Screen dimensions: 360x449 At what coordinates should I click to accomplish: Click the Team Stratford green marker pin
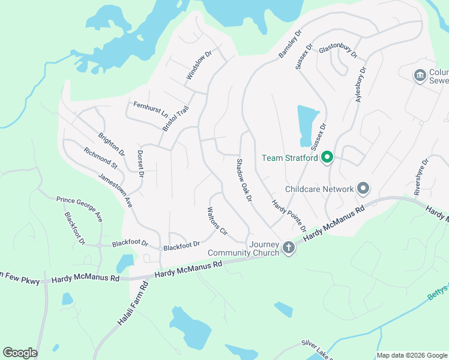tap(327, 158)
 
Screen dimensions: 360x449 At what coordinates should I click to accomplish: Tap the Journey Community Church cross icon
tap(289, 247)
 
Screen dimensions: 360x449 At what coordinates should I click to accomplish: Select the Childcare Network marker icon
tap(363, 188)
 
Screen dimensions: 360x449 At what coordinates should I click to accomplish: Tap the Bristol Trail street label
tap(176, 119)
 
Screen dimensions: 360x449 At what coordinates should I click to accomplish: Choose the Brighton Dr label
tap(111, 144)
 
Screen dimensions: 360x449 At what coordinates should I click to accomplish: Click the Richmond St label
tap(100, 158)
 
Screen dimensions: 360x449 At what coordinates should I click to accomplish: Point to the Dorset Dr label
tap(141, 164)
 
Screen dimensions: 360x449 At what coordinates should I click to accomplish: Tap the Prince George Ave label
tap(79, 208)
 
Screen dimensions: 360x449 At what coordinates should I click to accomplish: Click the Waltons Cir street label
tap(217, 221)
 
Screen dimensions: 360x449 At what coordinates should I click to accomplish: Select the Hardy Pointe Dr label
tap(288, 217)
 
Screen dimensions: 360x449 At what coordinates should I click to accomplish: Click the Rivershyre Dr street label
tap(422, 177)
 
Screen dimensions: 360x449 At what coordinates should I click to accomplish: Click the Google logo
tap(20, 353)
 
